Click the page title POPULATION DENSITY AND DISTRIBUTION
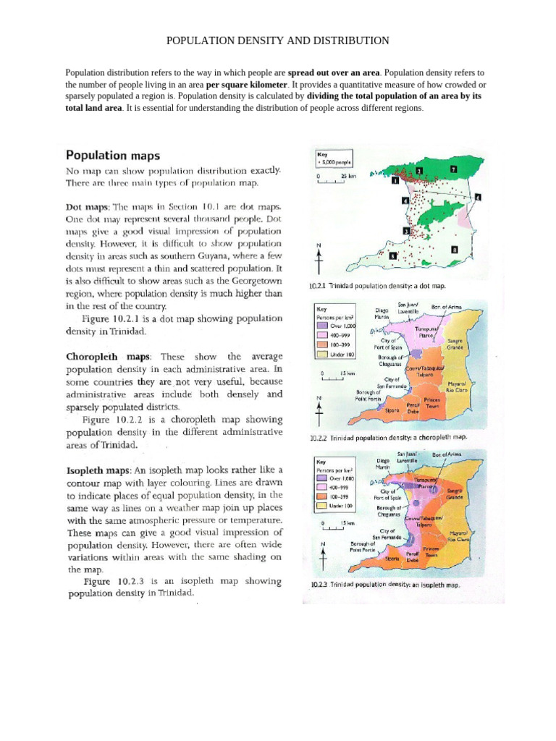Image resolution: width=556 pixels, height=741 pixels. coord(278,41)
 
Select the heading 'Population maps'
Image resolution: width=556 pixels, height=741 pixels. coord(114,155)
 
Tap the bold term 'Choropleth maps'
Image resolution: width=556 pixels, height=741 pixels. coord(108,357)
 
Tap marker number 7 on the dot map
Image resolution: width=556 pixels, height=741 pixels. coord(454,169)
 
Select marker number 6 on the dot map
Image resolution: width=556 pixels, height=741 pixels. coord(479,196)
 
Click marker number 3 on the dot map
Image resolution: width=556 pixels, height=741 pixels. coord(407,231)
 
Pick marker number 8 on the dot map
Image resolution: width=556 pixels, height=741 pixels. coord(454,250)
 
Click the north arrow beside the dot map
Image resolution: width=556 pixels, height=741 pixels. coord(319,258)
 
